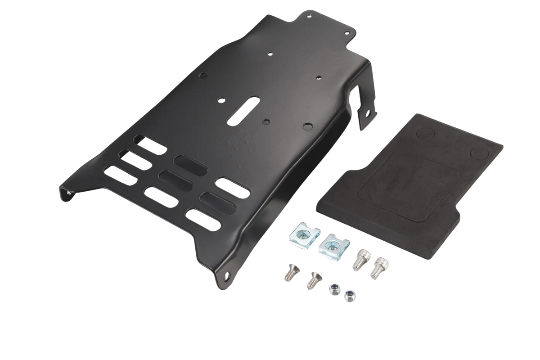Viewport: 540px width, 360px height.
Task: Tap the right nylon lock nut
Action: click(x=349, y=296)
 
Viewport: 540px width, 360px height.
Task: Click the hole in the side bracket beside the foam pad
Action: click(x=370, y=113)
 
